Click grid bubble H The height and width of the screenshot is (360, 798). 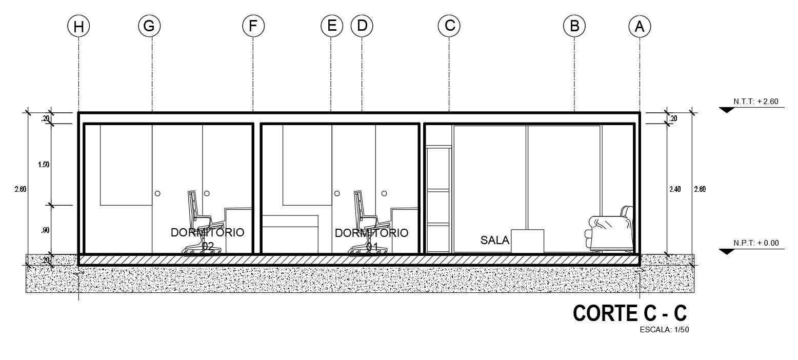78,26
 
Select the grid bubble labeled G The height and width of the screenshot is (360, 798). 149,25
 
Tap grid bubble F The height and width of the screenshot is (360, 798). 253,25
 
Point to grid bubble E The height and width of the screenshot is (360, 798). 332,25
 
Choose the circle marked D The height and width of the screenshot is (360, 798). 362,25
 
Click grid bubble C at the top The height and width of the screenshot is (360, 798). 449,25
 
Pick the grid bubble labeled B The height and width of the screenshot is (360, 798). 574,25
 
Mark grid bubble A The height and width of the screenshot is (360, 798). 640,26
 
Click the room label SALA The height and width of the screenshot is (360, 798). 495,239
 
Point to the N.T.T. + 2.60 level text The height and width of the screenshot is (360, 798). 756,102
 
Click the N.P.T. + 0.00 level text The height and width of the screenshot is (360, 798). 756,243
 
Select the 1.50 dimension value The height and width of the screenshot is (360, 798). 44,165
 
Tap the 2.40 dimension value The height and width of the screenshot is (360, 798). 675,189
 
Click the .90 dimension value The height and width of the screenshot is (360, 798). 45,230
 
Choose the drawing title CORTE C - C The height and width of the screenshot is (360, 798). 629,313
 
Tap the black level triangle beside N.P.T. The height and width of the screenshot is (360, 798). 727,251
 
